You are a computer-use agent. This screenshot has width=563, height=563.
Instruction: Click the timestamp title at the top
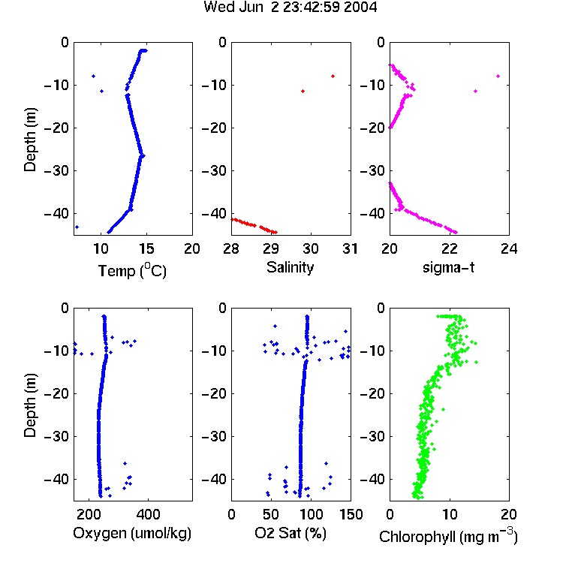point(290,7)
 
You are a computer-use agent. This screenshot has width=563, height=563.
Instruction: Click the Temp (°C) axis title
point(132,270)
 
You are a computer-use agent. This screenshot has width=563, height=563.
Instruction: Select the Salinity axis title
point(290,267)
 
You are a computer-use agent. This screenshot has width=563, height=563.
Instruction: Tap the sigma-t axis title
point(448,267)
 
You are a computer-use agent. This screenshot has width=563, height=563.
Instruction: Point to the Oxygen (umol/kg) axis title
point(132,533)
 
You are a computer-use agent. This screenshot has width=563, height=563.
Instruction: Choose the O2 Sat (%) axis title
point(291,533)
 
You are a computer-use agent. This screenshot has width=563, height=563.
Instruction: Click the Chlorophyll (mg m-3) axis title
point(448,536)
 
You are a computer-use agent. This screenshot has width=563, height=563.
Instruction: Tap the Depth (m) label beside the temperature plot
point(30,140)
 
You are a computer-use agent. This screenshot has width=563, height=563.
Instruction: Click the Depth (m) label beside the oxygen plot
point(30,405)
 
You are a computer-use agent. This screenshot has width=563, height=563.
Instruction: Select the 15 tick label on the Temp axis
point(146,248)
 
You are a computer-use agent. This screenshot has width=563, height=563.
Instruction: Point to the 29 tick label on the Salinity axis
point(271,248)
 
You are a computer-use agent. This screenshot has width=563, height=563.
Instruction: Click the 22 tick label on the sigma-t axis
point(449,248)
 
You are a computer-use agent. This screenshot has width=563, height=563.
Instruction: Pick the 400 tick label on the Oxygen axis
point(149,514)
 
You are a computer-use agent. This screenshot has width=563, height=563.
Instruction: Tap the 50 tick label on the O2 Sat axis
point(271,514)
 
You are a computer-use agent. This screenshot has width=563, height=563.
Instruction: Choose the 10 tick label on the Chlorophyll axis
point(449,514)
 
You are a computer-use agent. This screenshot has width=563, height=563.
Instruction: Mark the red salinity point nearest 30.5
point(333,76)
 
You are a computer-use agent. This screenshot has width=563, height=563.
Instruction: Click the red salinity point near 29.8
point(303,91)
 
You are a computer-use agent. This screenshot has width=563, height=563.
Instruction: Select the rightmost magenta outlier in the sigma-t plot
point(498,76)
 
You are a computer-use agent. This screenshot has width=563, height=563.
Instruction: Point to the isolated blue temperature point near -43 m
point(77,227)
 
